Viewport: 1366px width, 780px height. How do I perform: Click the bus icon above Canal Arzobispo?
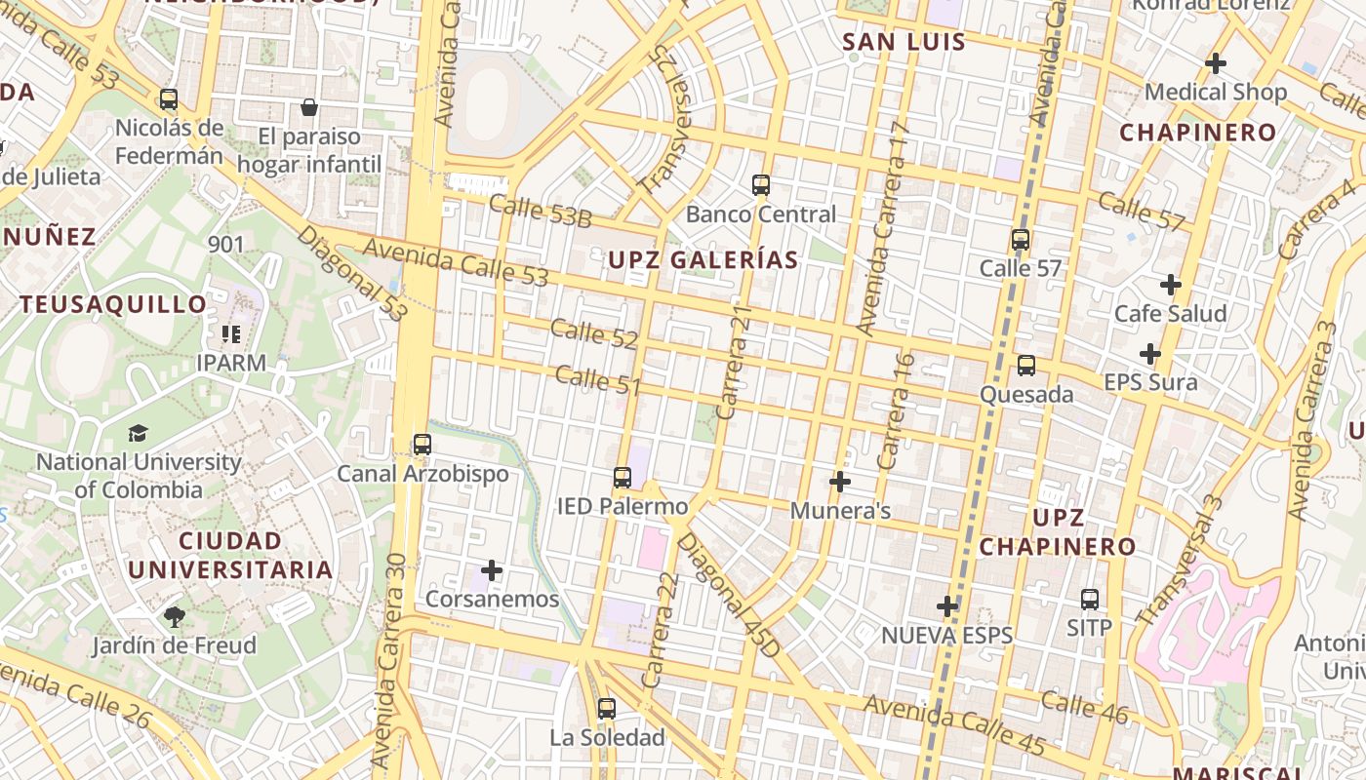422,445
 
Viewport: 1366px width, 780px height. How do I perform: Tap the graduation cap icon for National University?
139,433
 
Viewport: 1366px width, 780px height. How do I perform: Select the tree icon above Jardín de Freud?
175,616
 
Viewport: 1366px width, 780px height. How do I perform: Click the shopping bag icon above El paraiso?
309,107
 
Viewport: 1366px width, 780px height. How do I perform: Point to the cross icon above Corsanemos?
492,569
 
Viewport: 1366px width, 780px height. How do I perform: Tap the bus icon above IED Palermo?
623,478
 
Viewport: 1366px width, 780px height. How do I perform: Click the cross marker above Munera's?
839,482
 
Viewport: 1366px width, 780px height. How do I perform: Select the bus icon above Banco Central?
761,184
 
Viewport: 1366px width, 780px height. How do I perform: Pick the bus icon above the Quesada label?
1026,366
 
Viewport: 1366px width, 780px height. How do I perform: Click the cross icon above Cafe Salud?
1171,285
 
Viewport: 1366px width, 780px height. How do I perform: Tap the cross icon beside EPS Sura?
1150,353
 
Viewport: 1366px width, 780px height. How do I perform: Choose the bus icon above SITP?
1090,599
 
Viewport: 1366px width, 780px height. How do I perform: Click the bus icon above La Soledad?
607,709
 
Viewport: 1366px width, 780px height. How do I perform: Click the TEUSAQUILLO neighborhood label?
114,304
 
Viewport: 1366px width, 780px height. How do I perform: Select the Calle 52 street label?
594,333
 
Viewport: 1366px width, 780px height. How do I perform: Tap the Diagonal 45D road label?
729,595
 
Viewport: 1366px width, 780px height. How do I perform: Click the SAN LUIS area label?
904,42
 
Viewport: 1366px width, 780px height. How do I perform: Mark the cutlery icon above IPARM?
231,334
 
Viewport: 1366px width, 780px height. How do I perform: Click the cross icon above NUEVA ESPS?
947,606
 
